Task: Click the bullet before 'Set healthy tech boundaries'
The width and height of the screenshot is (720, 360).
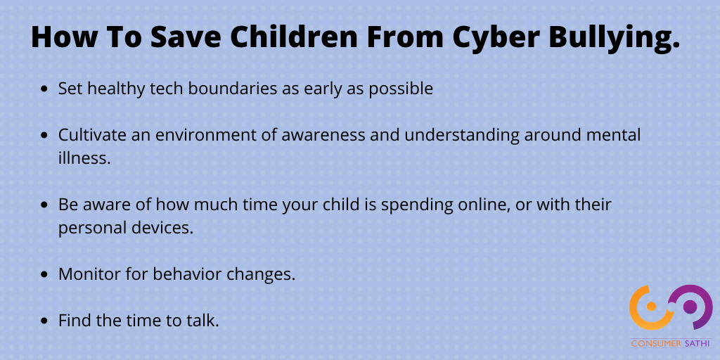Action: (44, 89)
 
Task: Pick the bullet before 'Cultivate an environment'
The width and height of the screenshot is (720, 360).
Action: (44, 136)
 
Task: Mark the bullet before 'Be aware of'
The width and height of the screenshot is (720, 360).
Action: (44, 205)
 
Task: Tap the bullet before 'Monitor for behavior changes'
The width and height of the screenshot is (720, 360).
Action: (44, 275)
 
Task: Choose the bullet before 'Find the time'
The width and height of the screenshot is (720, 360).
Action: (44, 321)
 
